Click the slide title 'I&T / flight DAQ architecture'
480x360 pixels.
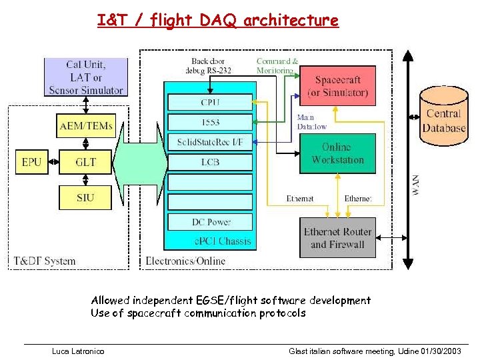tap(217, 21)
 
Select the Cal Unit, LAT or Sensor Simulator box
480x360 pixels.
tap(85, 77)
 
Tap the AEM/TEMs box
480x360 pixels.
tap(85, 125)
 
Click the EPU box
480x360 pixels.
tap(31, 161)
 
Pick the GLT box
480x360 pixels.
tap(85, 161)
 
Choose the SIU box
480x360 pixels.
tap(85, 197)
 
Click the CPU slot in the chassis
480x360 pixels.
tap(209, 102)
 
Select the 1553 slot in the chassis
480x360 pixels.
tap(209, 122)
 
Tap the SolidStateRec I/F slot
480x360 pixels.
tap(209, 142)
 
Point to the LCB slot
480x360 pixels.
tap(209, 162)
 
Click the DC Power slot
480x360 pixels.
tap(209, 222)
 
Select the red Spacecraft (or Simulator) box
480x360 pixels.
tap(337, 85)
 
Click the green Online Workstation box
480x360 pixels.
tap(337, 153)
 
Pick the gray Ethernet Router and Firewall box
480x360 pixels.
tap(337, 238)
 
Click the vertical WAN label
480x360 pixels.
tap(415, 185)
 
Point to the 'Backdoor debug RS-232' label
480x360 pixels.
tap(211, 66)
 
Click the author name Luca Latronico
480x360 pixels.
tap(78, 351)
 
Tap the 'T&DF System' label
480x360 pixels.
tap(45, 261)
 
